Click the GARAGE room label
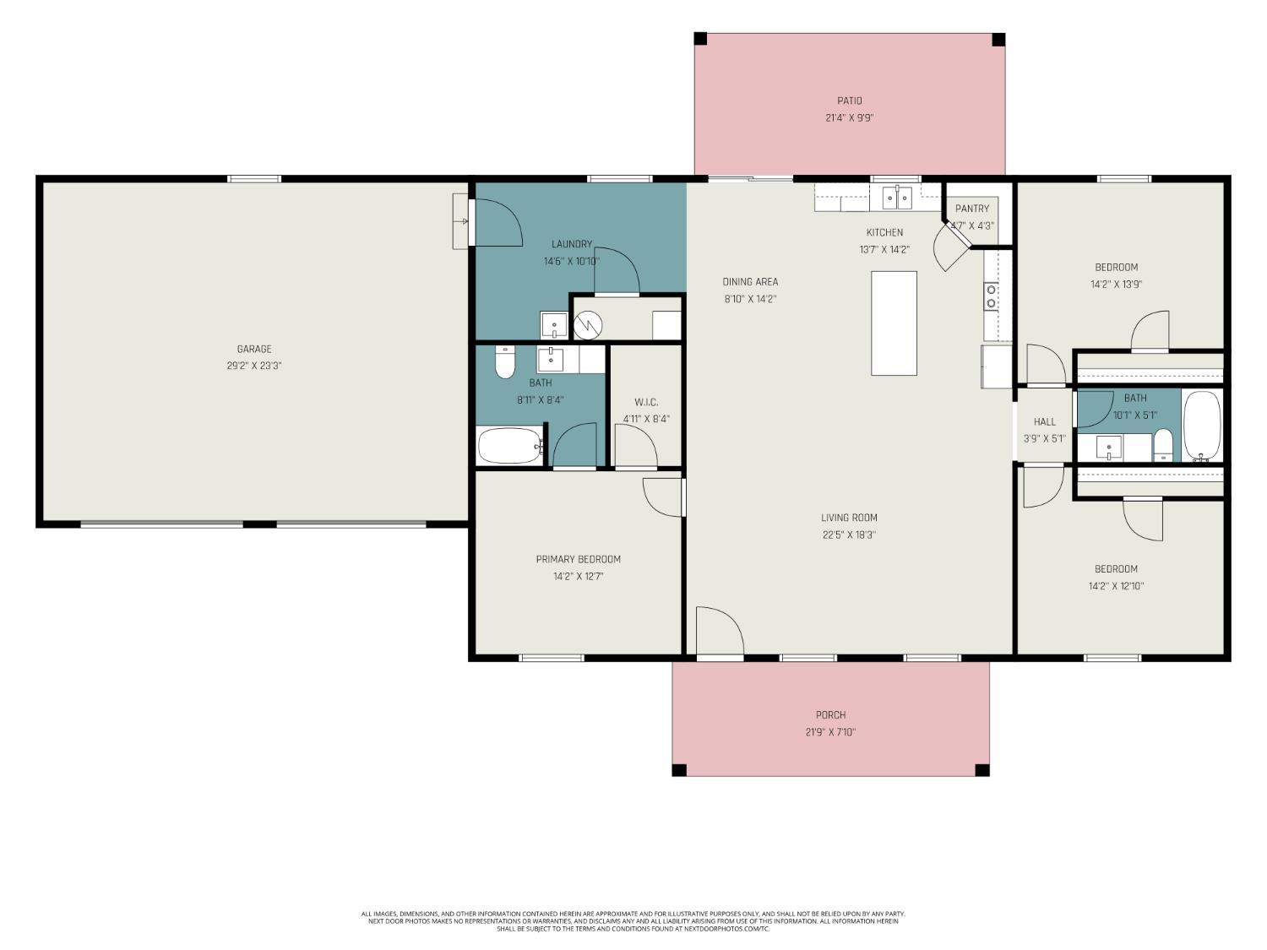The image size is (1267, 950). (x=254, y=349)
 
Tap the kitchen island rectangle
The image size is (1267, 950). (x=894, y=323)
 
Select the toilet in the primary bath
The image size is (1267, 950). (x=505, y=362)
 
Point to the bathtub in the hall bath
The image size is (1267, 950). (x=1202, y=426)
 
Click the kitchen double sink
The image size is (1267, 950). (x=897, y=198)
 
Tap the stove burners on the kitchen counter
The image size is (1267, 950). (x=991, y=296)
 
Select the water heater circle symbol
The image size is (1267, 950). (x=588, y=325)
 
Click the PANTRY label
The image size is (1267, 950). (x=972, y=209)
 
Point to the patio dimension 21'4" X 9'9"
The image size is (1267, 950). (x=849, y=118)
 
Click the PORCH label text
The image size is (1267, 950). (x=830, y=715)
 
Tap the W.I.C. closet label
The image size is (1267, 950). (x=646, y=402)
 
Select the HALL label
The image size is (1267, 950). (x=1045, y=421)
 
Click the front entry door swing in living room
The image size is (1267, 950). (x=720, y=630)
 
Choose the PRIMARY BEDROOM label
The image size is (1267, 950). (x=579, y=559)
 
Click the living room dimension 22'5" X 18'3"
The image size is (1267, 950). (x=849, y=535)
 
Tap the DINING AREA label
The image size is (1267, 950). (x=750, y=281)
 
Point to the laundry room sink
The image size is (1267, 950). (x=554, y=325)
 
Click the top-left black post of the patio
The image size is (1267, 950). (x=700, y=39)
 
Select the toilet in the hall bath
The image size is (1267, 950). (x=1163, y=445)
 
